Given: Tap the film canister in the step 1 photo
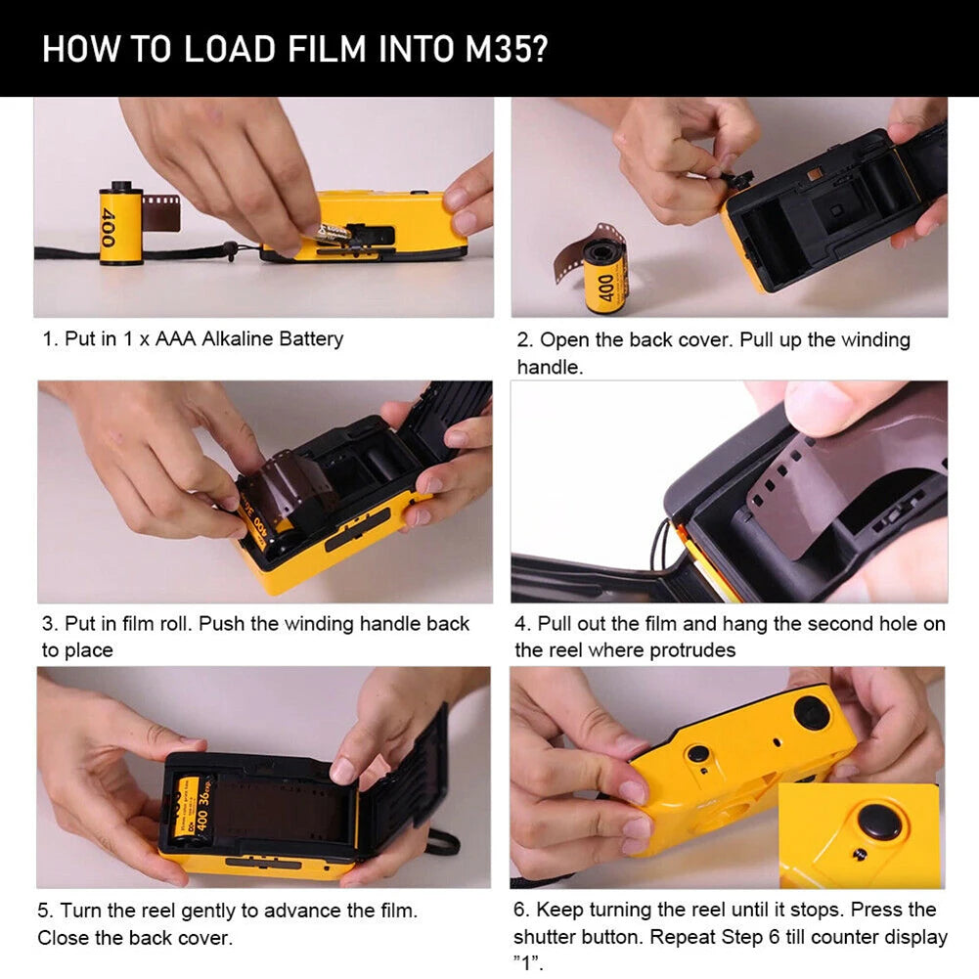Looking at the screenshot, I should point(121,223).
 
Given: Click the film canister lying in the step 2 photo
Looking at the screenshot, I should point(605,276).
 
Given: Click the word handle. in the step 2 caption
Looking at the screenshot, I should point(550,367).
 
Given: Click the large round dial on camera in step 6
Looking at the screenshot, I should point(813,712).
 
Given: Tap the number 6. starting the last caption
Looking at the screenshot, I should point(521,911).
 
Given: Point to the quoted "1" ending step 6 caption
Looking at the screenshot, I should point(527,963).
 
